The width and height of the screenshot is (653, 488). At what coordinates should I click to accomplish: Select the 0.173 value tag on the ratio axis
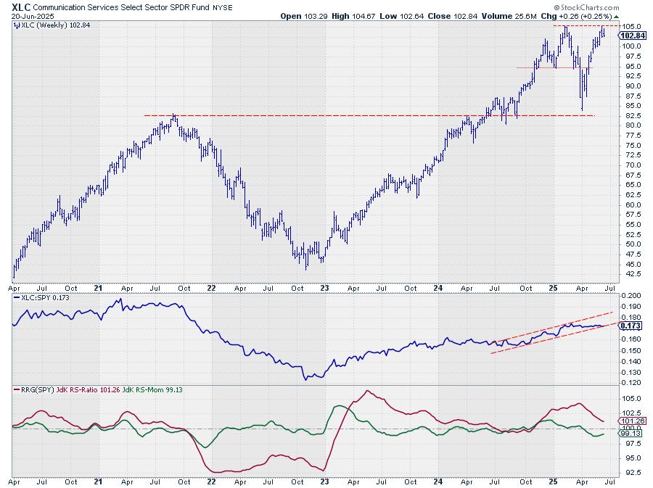tap(631, 326)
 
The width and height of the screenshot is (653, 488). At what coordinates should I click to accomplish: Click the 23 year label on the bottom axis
tap(325, 481)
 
